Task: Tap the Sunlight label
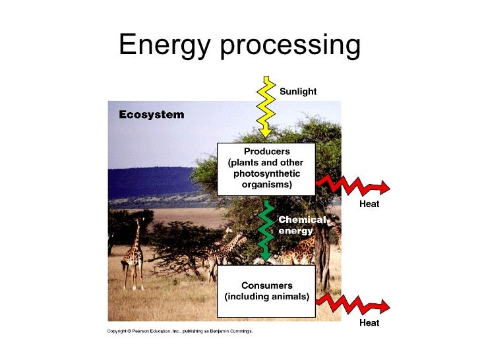click(298, 92)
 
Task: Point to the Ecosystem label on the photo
click(151, 115)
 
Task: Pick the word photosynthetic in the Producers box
click(266, 173)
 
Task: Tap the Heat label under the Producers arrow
click(369, 204)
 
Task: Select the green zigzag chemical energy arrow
click(268, 230)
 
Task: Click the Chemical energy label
click(301, 225)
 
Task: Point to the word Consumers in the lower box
click(266, 285)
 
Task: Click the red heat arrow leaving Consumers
click(352, 305)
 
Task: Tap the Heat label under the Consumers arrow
click(369, 323)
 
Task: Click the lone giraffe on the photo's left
click(134, 253)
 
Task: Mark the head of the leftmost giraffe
click(138, 222)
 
